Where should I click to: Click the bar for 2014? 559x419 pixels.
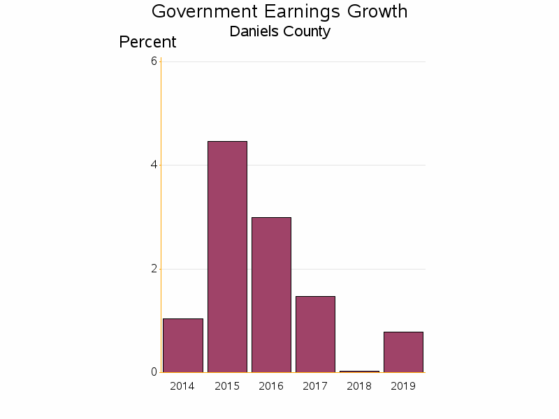tap(182, 345)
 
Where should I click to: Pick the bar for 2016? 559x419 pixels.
tap(271, 295)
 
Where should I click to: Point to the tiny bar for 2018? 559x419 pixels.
tap(359, 372)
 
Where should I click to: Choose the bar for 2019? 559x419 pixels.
tap(403, 352)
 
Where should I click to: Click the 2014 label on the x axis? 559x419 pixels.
tap(182, 386)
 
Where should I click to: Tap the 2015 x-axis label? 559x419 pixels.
tap(227, 386)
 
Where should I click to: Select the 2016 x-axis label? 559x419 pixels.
tap(271, 386)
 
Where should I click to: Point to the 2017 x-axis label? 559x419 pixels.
tap(315, 386)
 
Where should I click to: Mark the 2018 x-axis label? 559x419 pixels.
tap(359, 386)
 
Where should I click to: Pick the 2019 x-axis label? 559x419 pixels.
tap(403, 386)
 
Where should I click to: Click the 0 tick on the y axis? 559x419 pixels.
tap(154, 372)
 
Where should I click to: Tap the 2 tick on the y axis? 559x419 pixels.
tap(154, 269)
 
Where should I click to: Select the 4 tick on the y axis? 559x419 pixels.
tap(154, 166)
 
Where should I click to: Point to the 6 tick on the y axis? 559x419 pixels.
tap(154, 61)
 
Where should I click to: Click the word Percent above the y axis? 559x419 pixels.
tap(147, 42)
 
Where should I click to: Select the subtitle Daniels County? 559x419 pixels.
tap(279, 31)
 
